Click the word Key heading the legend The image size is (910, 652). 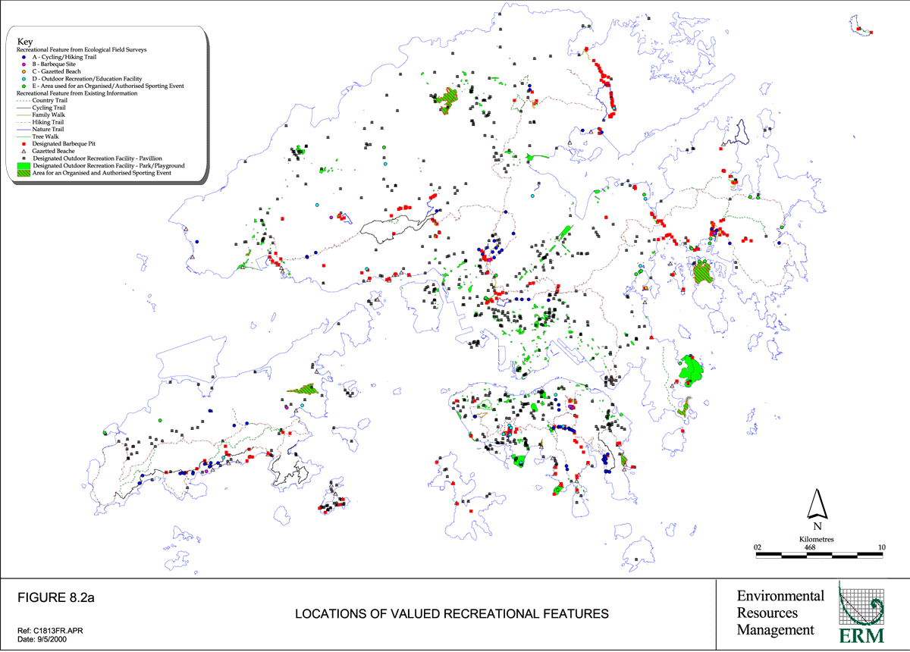pos(24,42)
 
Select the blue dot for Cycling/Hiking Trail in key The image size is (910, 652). pos(24,57)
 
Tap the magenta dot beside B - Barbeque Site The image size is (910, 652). pos(24,64)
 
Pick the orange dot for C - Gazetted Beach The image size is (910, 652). pos(24,71)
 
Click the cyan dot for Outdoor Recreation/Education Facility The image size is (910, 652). pos(24,79)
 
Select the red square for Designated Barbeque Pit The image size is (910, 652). pos(24,143)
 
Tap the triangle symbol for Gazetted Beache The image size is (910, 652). pos(24,151)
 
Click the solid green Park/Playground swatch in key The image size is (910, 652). pos(24,165)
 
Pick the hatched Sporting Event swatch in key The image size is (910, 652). pos(24,173)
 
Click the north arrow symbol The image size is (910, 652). pos(817,503)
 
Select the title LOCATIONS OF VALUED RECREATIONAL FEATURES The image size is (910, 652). pos(451,613)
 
